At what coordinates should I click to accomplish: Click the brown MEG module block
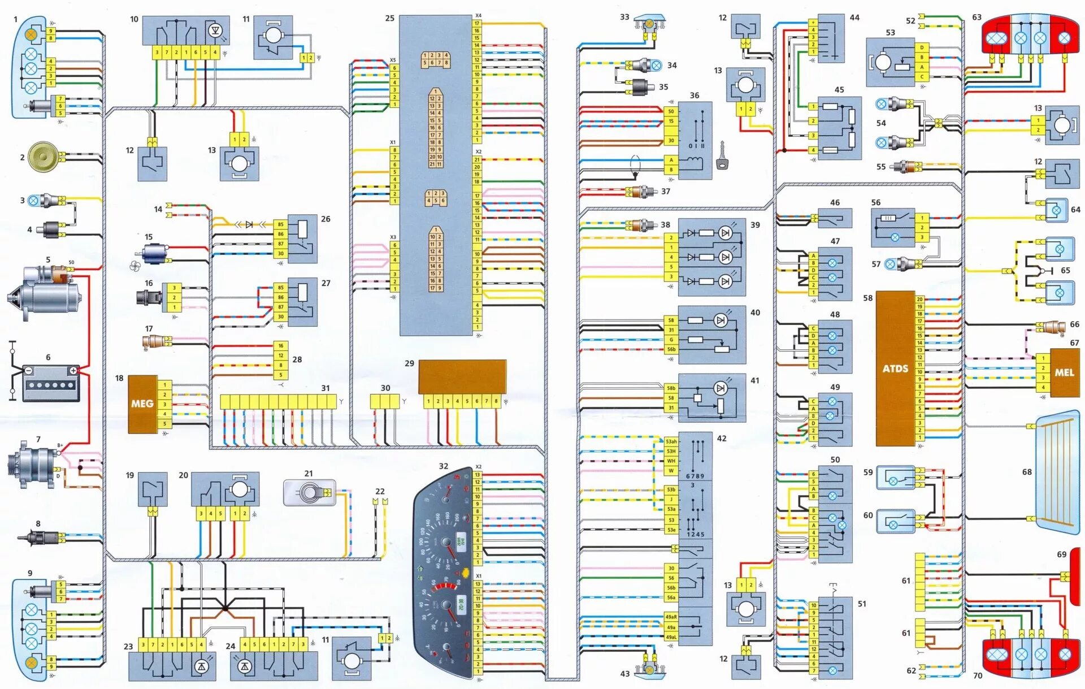click(142, 404)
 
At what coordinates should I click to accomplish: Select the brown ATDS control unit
click(895, 369)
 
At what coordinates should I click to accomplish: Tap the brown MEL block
click(1064, 372)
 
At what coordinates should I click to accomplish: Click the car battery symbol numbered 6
click(51, 383)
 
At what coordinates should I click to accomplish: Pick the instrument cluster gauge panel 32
click(444, 574)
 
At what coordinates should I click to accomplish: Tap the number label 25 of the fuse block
click(389, 19)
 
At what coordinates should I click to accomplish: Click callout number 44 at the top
click(854, 18)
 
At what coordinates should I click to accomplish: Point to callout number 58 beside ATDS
click(867, 298)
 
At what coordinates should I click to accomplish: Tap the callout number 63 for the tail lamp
click(976, 18)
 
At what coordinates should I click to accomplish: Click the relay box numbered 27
click(302, 301)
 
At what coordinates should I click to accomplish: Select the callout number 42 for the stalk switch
click(722, 438)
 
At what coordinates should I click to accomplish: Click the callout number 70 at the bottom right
click(978, 675)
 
